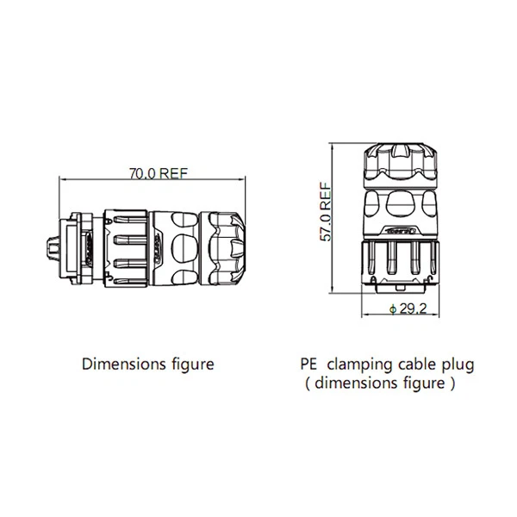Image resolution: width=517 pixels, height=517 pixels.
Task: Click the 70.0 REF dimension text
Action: click(x=159, y=172)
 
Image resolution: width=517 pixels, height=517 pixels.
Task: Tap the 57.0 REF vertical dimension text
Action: click(x=325, y=215)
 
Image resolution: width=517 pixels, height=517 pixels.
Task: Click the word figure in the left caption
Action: click(x=190, y=364)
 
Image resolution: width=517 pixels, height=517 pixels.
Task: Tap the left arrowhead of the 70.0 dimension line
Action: click(x=60, y=178)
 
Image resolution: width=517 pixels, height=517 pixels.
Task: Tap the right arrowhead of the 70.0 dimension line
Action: click(x=245, y=178)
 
